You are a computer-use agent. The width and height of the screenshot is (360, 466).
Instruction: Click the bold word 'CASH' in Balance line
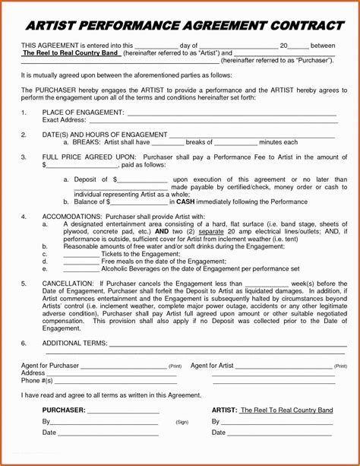point(187,201)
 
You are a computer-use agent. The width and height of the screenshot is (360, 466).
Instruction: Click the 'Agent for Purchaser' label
point(50,366)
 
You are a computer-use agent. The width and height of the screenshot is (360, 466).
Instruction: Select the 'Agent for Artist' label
point(212,366)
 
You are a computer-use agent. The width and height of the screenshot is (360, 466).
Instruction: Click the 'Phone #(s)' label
point(37,380)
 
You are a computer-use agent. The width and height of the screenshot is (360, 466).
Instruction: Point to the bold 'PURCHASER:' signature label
point(64,411)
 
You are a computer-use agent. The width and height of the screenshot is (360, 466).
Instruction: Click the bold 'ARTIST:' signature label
point(224,411)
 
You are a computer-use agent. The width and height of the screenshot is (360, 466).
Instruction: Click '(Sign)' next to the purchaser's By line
point(182,422)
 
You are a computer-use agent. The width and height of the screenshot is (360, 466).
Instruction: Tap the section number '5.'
point(24,283)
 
